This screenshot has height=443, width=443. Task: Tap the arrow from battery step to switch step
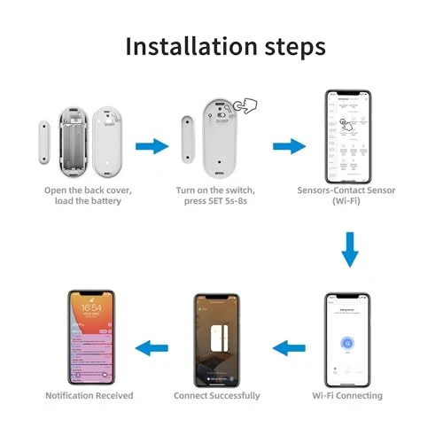point(152,145)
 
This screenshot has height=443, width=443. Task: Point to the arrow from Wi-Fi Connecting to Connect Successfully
point(289,348)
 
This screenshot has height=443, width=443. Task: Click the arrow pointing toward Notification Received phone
point(156,348)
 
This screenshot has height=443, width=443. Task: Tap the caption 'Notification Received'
point(89,395)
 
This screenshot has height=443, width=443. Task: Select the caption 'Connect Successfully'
point(217,395)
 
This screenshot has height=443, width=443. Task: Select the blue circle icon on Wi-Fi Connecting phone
point(348,344)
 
